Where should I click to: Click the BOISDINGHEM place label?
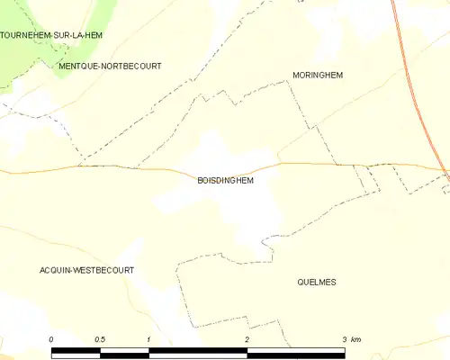pyautogui.click(x=225, y=180)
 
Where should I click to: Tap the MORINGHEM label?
pyautogui.click(x=319, y=75)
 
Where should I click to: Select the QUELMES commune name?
pyautogui.click(x=316, y=282)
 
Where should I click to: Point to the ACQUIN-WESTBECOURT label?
pyautogui.click(x=86, y=270)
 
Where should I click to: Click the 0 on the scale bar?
pyautogui.click(x=52, y=338)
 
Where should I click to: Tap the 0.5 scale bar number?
pyautogui.click(x=99, y=338)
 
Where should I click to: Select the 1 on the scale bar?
pyautogui.click(x=148, y=338)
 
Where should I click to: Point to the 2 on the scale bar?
pyautogui.click(x=246, y=338)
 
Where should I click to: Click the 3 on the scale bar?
pyautogui.click(x=343, y=338)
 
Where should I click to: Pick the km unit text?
pyautogui.click(x=356, y=338)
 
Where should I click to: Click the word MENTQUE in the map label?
pyautogui.click(x=75, y=66)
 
